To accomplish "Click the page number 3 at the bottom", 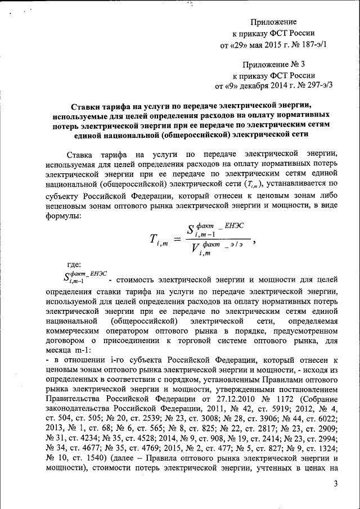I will click(335, 484).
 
